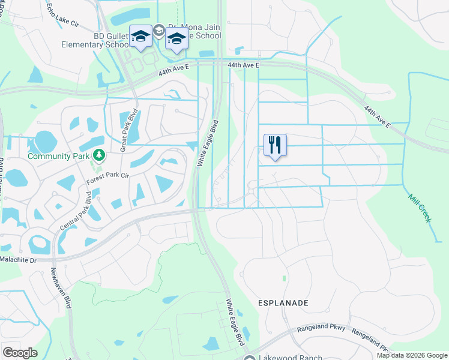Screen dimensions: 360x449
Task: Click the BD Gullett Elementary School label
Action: click(x=95, y=40)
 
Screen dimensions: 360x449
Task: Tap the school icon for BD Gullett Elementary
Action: click(x=140, y=38)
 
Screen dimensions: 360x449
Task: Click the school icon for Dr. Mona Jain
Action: click(x=176, y=39)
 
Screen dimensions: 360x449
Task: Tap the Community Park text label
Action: click(x=58, y=156)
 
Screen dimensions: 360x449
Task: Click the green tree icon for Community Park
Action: click(x=98, y=156)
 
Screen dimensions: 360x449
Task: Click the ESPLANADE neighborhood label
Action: click(x=283, y=303)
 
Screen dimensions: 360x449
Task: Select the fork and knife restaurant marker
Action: click(x=275, y=145)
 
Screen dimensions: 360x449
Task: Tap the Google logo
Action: click(x=20, y=353)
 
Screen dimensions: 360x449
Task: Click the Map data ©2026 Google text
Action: click(x=411, y=355)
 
